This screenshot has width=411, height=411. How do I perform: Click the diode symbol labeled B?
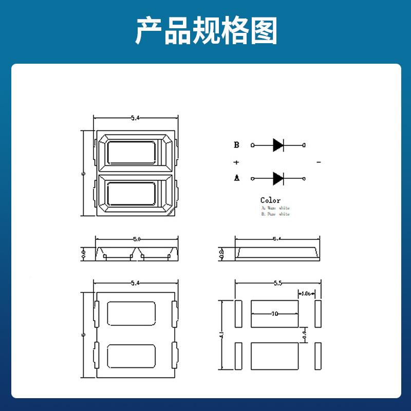click(x=278, y=145)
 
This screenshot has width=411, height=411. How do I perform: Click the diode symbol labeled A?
click(x=278, y=179)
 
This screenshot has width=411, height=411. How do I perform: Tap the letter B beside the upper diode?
click(x=236, y=145)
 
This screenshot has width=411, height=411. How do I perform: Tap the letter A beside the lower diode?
click(x=236, y=178)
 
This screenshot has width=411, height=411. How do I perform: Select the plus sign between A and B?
click(x=236, y=162)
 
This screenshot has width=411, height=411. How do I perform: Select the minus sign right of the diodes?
click(x=319, y=162)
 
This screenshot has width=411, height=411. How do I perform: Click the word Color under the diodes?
click(x=271, y=200)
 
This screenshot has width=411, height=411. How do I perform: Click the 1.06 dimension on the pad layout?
click(x=307, y=293)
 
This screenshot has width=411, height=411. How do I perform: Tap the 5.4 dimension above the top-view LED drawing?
click(x=135, y=118)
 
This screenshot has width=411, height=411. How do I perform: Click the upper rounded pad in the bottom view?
click(x=132, y=313)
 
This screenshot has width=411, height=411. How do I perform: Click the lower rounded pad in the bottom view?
click(x=132, y=356)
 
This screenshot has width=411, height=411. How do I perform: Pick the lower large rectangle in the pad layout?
click(x=274, y=356)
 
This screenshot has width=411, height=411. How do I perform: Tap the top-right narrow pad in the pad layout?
click(x=318, y=313)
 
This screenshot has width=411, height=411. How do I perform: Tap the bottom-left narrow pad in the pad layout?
click(x=238, y=356)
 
